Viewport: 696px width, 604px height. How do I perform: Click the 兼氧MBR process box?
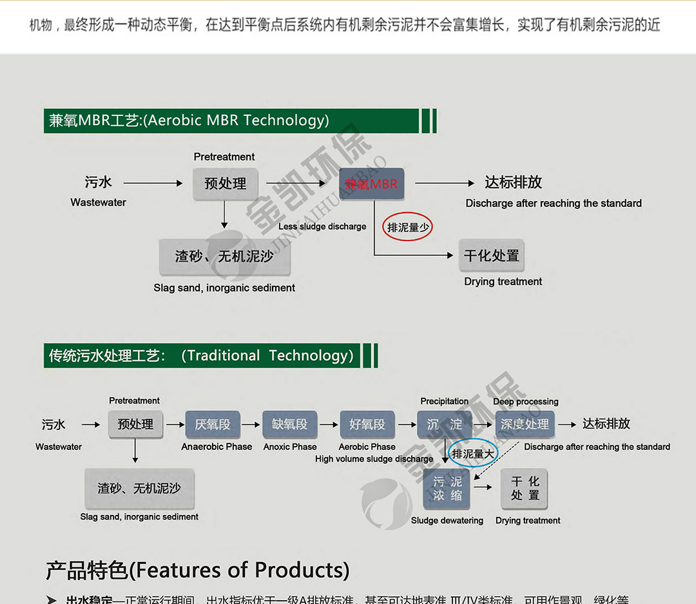point(372,184)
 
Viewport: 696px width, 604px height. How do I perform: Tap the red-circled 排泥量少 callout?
point(407,227)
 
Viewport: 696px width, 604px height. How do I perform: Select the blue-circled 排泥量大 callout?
point(473,454)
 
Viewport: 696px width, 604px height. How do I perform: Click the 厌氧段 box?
point(212,424)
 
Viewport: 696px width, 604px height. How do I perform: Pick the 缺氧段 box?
point(289,424)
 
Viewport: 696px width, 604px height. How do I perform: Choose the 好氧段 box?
point(367,424)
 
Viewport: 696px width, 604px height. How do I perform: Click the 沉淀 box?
point(445,424)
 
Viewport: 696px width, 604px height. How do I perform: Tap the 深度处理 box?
point(525,424)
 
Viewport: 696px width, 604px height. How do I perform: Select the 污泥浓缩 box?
point(447,489)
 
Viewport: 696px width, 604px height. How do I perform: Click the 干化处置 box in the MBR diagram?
point(491,256)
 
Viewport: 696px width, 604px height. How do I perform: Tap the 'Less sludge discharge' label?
point(322,226)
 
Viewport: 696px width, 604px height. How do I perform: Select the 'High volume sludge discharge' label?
point(374,459)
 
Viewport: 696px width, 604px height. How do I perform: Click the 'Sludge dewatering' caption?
point(447,520)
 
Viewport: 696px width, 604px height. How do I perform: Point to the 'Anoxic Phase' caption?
point(290,447)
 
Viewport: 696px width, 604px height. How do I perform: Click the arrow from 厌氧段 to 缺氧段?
point(251,424)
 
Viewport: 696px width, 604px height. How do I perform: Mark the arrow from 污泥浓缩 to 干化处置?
point(483,487)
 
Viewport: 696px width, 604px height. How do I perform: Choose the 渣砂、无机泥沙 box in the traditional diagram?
point(139,489)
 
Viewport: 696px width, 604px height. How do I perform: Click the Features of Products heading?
point(197,570)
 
